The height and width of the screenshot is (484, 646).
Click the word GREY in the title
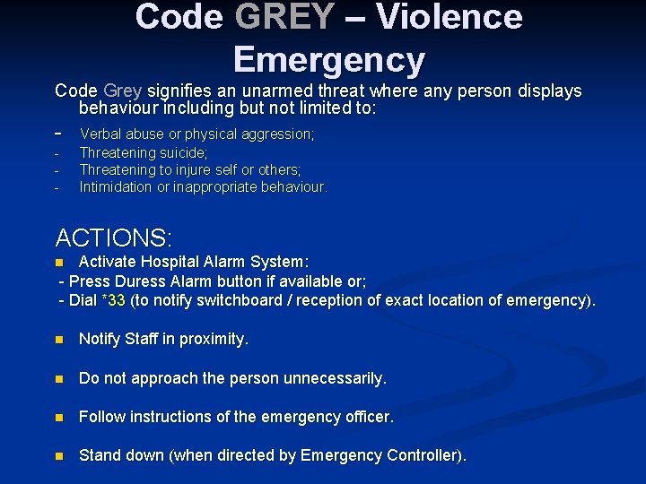tap(284, 17)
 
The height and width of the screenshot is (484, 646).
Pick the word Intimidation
tap(118, 187)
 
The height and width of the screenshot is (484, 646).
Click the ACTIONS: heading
tap(114, 238)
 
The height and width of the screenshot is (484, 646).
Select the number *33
tap(113, 300)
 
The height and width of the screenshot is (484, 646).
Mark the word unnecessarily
tap(335, 378)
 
